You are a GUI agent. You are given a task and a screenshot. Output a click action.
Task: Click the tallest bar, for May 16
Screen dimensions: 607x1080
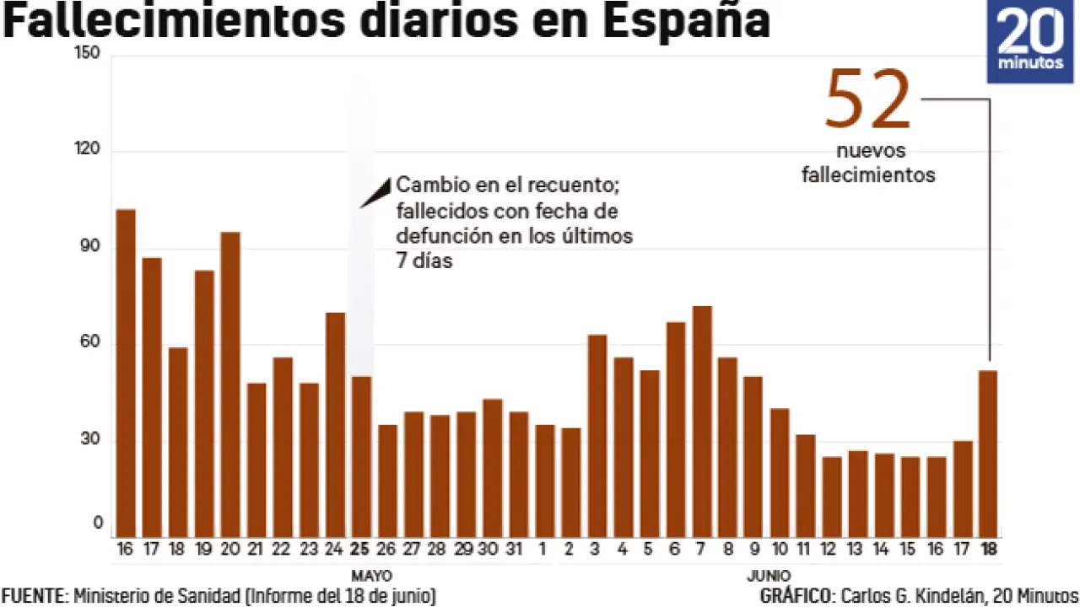(x=126, y=371)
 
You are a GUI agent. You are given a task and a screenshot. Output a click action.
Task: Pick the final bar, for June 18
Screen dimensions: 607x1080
(x=987, y=452)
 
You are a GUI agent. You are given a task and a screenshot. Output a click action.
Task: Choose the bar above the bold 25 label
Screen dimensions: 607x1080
(x=361, y=456)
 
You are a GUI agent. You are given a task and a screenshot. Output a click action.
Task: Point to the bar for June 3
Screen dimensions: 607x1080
(x=597, y=434)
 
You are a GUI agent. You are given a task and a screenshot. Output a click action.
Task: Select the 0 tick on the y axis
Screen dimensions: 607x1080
(x=97, y=524)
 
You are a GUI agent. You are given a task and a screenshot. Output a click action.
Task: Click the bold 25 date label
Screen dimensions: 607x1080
(x=360, y=550)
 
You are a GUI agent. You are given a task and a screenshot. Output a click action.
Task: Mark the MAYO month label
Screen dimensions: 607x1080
(x=371, y=577)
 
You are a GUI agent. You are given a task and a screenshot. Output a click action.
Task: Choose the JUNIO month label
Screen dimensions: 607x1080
(x=768, y=577)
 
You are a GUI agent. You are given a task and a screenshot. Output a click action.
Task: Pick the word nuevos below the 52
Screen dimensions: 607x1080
(x=871, y=151)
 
